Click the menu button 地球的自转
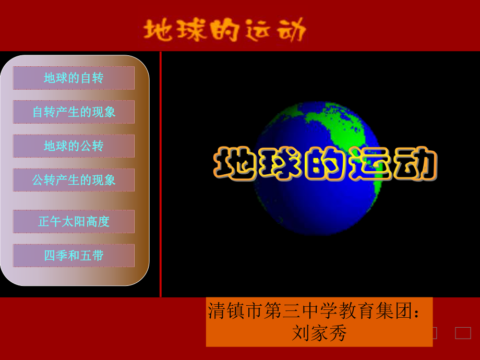pyautogui.click(x=74, y=78)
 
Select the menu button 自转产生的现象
pyautogui.click(x=74, y=112)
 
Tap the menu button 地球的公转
pyautogui.click(x=74, y=146)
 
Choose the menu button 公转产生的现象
pyautogui.click(x=74, y=180)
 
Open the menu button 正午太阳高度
pyautogui.click(x=74, y=221)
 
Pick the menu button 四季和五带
pyautogui.click(x=74, y=256)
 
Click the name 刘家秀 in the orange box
pyautogui.click(x=319, y=332)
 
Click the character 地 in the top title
pyautogui.click(x=159, y=31)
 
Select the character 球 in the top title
pyautogui.click(x=191, y=31)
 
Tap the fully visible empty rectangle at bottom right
pyautogui.click(x=463, y=333)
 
